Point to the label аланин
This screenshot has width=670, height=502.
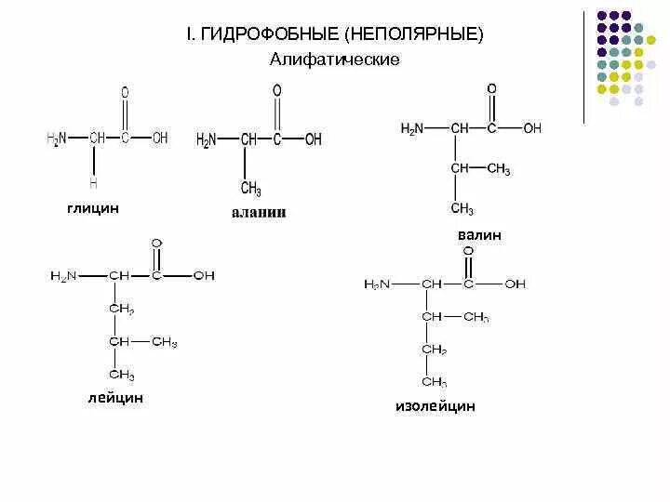259,213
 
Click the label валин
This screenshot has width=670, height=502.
479,235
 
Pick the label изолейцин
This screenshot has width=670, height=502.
435,406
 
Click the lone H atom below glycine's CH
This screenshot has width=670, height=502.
93,184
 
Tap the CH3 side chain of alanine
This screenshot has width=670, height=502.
250,189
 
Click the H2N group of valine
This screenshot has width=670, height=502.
412,128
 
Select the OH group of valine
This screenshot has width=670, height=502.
532,128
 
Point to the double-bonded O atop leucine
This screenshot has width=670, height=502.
156,244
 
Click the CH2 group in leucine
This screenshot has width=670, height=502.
122,309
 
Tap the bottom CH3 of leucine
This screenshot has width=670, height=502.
122,375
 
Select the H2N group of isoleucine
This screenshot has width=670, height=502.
377,284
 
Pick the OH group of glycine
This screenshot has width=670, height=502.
160,138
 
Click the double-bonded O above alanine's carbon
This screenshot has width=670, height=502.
276,90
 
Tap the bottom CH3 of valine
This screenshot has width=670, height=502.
462,207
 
